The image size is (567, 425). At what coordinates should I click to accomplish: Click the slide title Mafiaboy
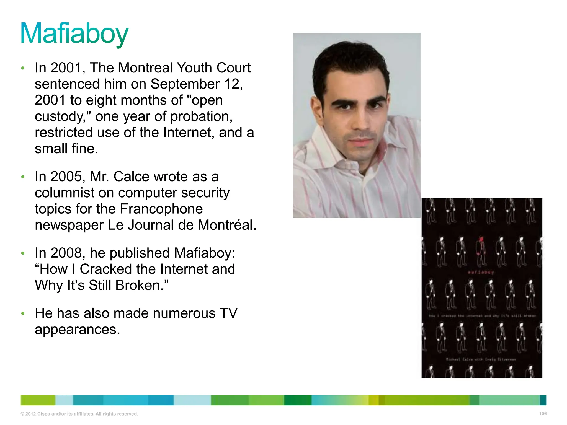(x=74, y=34)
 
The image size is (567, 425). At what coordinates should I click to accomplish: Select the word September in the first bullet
(x=185, y=84)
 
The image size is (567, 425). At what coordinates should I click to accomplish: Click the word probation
(x=201, y=116)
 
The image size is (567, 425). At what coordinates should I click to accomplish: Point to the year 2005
(x=66, y=177)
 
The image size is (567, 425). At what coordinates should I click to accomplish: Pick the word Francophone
(x=161, y=209)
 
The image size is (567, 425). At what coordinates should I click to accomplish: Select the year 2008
(x=66, y=253)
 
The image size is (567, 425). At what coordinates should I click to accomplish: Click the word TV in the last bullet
(x=228, y=313)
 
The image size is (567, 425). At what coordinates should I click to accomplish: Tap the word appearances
(x=77, y=330)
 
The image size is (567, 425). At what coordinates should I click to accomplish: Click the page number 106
(x=543, y=414)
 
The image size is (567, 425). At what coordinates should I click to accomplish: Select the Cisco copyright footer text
(x=79, y=414)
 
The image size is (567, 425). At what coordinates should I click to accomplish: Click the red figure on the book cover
(x=481, y=246)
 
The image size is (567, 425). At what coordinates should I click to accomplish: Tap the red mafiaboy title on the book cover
(x=481, y=272)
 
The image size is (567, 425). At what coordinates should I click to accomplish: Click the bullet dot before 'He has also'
(x=23, y=313)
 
